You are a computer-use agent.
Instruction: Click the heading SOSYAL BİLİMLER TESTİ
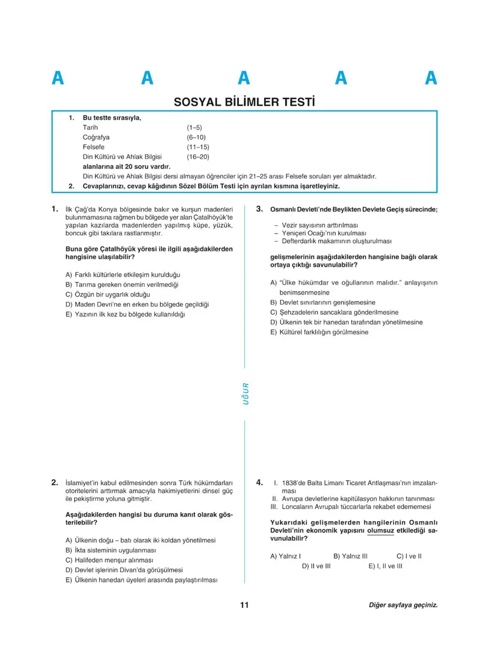click(x=244, y=102)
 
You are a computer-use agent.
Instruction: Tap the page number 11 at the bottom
click(x=244, y=605)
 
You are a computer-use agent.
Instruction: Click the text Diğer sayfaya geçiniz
click(x=403, y=605)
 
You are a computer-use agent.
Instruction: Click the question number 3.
click(x=260, y=209)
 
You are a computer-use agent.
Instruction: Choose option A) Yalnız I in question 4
click(x=286, y=556)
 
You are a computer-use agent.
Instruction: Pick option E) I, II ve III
click(x=385, y=566)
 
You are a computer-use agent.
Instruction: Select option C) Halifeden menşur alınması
click(x=109, y=560)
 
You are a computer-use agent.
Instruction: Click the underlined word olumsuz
click(x=380, y=530)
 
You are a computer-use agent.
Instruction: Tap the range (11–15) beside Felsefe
click(x=197, y=147)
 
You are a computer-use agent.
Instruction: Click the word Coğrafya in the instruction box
click(x=96, y=137)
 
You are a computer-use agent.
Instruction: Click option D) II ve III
click(x=316, y=566)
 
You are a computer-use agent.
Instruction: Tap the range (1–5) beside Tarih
click(x=194, y=127)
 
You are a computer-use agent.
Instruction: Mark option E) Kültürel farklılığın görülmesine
click(x=319, y=332)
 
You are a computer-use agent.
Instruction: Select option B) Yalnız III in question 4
click(x=350, y=556)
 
